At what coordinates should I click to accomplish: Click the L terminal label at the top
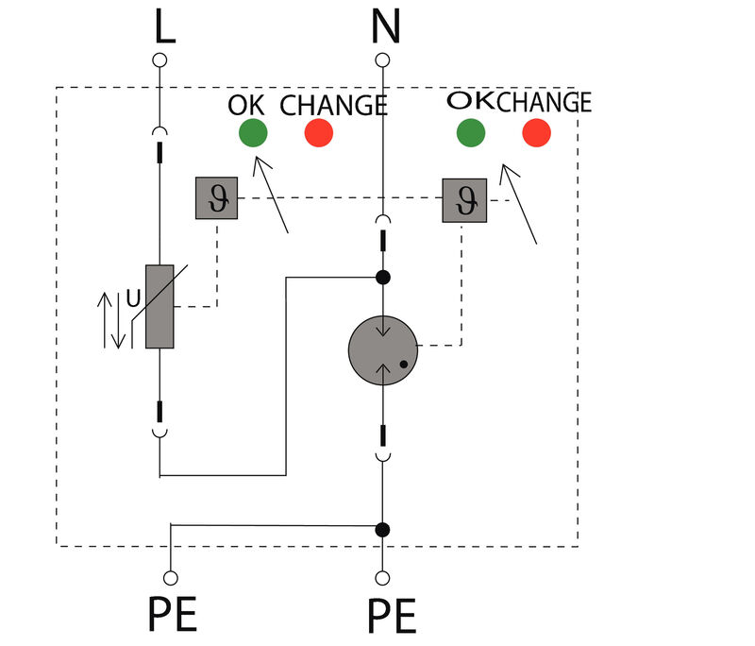click(x=164, y=28)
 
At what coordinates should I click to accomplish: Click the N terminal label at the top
click(x=384, y=28)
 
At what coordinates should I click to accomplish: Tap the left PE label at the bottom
click(x=173, y=617)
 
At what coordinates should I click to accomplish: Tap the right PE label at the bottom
click(x=392, y=617)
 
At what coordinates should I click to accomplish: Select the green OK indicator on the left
click(x=253, y=133)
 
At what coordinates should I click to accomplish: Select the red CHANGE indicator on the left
click(x=319, y=133)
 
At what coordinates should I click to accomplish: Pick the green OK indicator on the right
click(x=470, y=133)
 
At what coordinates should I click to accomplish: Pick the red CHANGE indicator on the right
click(x=536, y=133)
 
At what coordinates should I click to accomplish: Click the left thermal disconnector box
click(x=216, y=198)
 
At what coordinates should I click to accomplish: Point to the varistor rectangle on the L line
click(x=160, y=306)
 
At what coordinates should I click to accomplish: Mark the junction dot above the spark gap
click(x=382, y=278)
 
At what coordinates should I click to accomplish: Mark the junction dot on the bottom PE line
click(x=382, y=529)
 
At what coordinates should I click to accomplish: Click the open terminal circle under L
click(x=160, y=60)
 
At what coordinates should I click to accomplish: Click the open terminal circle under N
click(x=382, y=60)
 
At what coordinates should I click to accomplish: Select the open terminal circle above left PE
click(x=171, y=576)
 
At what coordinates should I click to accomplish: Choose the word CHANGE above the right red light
click(x=544, y=101)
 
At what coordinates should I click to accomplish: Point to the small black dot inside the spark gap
click(x=403, y=363)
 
